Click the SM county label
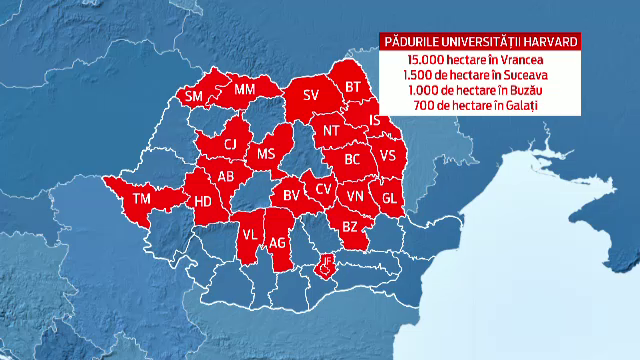pyautogui.click(x=194, y=96)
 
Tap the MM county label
pyautogui.click(x=244, y=91)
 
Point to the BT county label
pyautogui.click(x=352, y=87)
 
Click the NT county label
pyautogui.click(x=332, y=130)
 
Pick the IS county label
pyautogui.click(x=375, y=121)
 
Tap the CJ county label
pyautogui.click(x=230, y=143)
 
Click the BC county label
pyautogui.click(x=352, y=158)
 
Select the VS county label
pyautogui.click(x=388, y=155)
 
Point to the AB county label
pyautogui.click(x=226, y=176)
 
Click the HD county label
pyautogui.click(x=203, y=202)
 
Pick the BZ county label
pyautogui.click(x=350, y=228)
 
